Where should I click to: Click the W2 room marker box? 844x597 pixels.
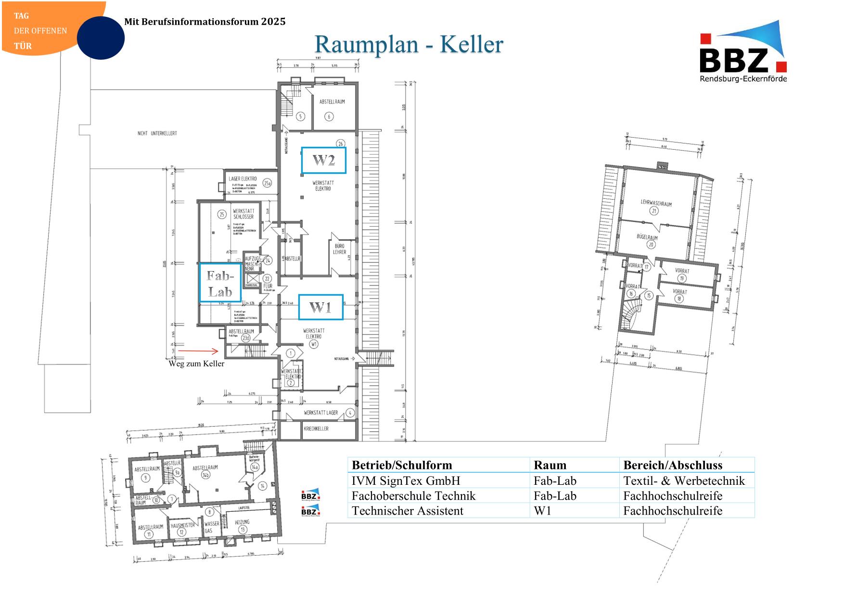(x=323, y=160)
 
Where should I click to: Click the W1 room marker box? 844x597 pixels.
(x=320, y=307)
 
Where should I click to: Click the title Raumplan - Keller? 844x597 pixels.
(x=409, y=44)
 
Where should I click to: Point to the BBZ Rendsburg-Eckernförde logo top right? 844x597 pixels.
(x=743, y=53)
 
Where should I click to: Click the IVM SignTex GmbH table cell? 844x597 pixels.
(x=406, y=480)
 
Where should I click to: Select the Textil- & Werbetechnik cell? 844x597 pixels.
(x=684, y=480)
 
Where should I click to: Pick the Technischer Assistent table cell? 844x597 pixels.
(x=407, y=511)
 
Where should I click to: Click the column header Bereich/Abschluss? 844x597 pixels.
(x=673, y=465)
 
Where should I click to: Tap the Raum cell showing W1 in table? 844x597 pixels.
(x=542, y=511)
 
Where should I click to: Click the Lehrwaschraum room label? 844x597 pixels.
(x=656, y=203)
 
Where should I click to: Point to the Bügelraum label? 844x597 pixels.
(x=647, y=237)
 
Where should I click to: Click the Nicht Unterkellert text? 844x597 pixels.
(x=157, y=133)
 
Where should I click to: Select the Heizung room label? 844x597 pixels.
(x=242, y=522)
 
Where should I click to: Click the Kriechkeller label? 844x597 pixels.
(x=316, y=428)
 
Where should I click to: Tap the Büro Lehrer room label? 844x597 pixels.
(x=339, y=249)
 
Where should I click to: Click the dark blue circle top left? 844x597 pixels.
(x=101, y=38)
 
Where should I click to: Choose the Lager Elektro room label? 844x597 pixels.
(x=243, y=179)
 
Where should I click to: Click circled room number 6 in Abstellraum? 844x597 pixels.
(x=329, y=117)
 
